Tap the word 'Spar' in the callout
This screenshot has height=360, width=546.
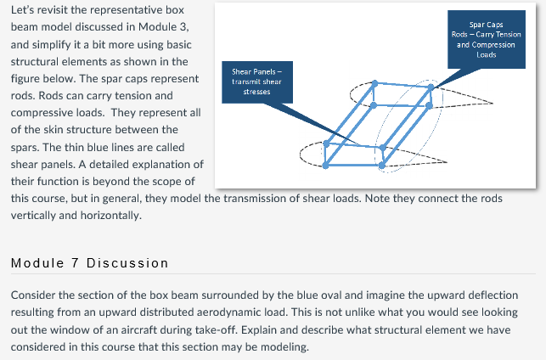[478, 25]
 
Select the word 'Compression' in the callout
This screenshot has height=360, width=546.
[495, 44]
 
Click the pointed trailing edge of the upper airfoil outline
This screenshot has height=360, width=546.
[493, 100]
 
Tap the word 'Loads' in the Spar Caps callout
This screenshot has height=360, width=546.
[486, 54]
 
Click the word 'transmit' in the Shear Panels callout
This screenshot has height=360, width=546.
[242, 82]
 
